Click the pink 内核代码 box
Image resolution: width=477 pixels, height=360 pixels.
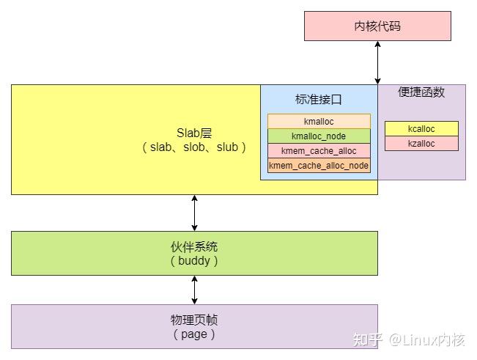tap(377, 26)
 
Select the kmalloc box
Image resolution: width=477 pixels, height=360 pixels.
tap(319, 121)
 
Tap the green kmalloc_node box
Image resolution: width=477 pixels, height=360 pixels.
tap(319, 136)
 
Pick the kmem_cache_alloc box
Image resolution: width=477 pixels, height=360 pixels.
tap(319, 150)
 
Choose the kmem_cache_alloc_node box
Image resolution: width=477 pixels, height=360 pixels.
tap(319, 165)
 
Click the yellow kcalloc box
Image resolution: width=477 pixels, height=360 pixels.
tap(421, 129)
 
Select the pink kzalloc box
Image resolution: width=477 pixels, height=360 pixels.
tap(421, 144)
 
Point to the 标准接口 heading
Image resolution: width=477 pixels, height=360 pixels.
tap(319, 99)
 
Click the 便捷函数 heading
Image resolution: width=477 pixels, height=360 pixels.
tap(421, 92)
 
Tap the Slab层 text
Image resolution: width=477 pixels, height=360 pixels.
tap(194, 133)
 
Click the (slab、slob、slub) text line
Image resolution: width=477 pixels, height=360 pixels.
tap(194, 147)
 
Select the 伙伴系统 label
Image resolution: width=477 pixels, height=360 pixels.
tap(194, 246)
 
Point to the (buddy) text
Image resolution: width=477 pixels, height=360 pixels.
tap(194, 260)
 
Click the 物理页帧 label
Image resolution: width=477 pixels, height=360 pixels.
tap(194, 320)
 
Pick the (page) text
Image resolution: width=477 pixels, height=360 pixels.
tap(194, 334)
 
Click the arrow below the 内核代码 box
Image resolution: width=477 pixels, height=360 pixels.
tap(378, 62)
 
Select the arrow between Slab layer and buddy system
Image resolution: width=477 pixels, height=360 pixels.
tap(194, 213)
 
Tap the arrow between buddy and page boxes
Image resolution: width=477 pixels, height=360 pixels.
tap(194, 290)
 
